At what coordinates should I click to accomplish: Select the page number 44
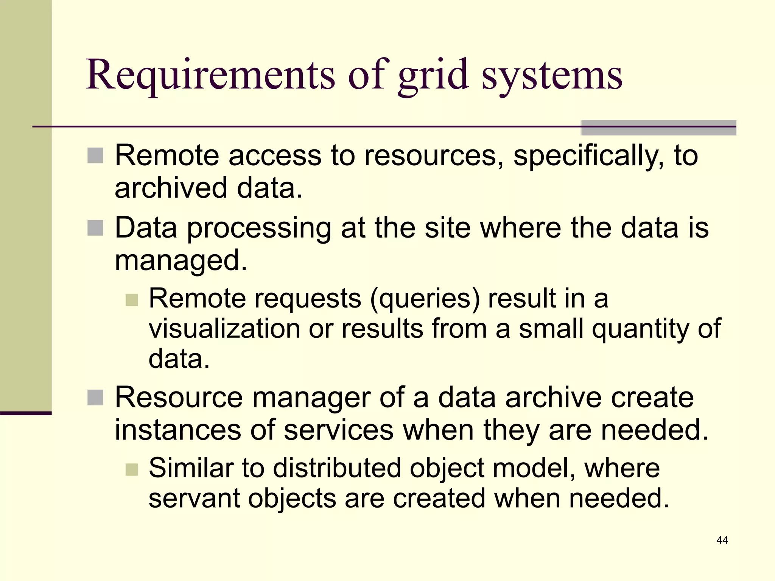722,540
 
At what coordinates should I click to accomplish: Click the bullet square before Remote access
95,156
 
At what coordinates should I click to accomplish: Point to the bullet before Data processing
95,228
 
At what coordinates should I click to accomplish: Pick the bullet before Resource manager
95,398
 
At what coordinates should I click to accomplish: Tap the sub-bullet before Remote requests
132,300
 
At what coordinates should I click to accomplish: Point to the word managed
181,261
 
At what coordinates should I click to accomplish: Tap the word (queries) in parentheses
425,299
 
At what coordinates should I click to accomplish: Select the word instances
178,430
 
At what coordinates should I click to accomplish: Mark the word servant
194,498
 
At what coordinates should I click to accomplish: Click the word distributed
337,468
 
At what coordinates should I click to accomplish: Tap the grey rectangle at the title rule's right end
658,127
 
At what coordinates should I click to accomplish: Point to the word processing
259,229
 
